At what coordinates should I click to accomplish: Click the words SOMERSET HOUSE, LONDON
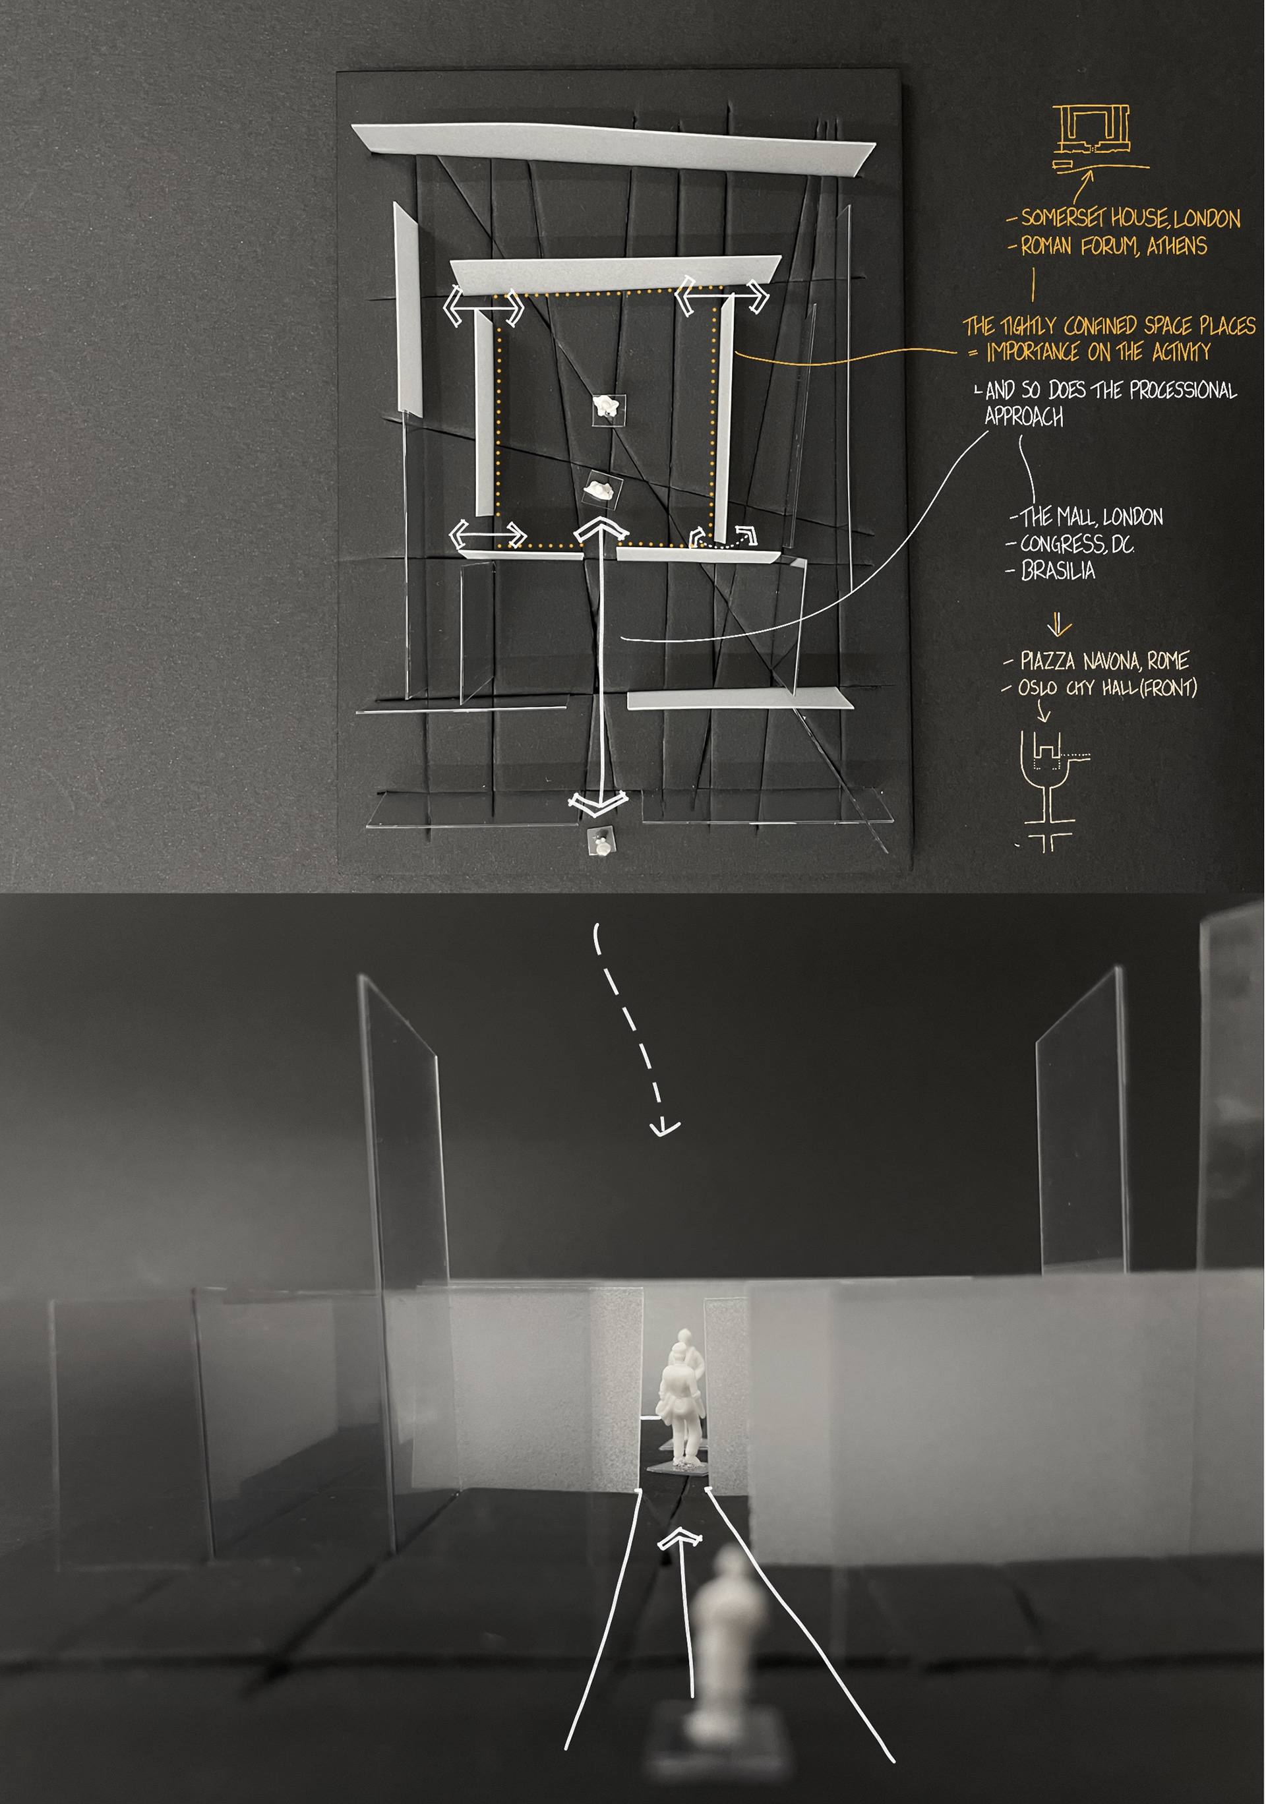tap(1130, 218)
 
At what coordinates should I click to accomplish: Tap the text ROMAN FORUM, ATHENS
tap(1114, 247)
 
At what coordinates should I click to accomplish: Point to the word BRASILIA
tap(1058, 570)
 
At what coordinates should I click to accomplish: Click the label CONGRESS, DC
tap(1077, 544)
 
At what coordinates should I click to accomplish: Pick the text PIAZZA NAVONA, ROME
tap(1104, 660)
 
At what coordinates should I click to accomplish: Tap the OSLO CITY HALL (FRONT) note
tap(1107, 688)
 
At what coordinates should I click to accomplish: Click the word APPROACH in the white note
tap(1024, 417)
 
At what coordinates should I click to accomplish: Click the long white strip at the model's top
tap(613, 149)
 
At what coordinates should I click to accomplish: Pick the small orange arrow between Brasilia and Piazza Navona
tap(1058, 624)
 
